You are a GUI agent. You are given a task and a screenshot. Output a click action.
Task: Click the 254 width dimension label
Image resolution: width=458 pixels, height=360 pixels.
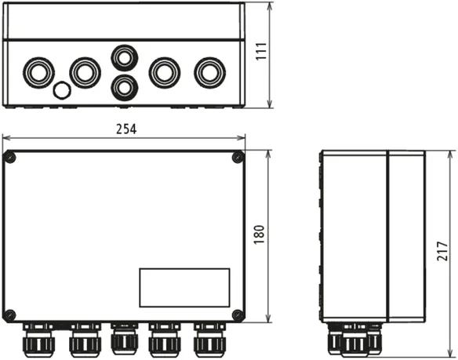(x=126, y=129)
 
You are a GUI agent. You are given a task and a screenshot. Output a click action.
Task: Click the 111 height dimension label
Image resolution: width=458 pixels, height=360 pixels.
(x=261, y=52)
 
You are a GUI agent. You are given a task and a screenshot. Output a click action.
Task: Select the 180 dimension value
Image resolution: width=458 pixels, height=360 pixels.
(x=259, y=235)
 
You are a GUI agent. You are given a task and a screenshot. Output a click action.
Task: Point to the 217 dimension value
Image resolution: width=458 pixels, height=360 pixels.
(x=442, y=251)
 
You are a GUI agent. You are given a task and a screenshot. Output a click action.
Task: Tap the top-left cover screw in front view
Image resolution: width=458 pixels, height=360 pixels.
(x=10, y=158)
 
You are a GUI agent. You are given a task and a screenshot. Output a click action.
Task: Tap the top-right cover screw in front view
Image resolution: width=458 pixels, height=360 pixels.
(x=238, y=158)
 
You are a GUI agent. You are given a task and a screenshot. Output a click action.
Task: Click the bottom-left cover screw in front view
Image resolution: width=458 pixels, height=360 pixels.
(x=10, y=315)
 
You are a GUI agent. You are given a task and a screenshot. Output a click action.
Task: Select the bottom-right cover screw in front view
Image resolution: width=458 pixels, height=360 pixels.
(x=238, y=315)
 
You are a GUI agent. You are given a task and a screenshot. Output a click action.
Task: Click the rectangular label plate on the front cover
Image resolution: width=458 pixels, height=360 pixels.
(x=184, y=288)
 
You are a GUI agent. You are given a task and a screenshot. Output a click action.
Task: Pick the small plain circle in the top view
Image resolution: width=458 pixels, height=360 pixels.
(x=62, y=90)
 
